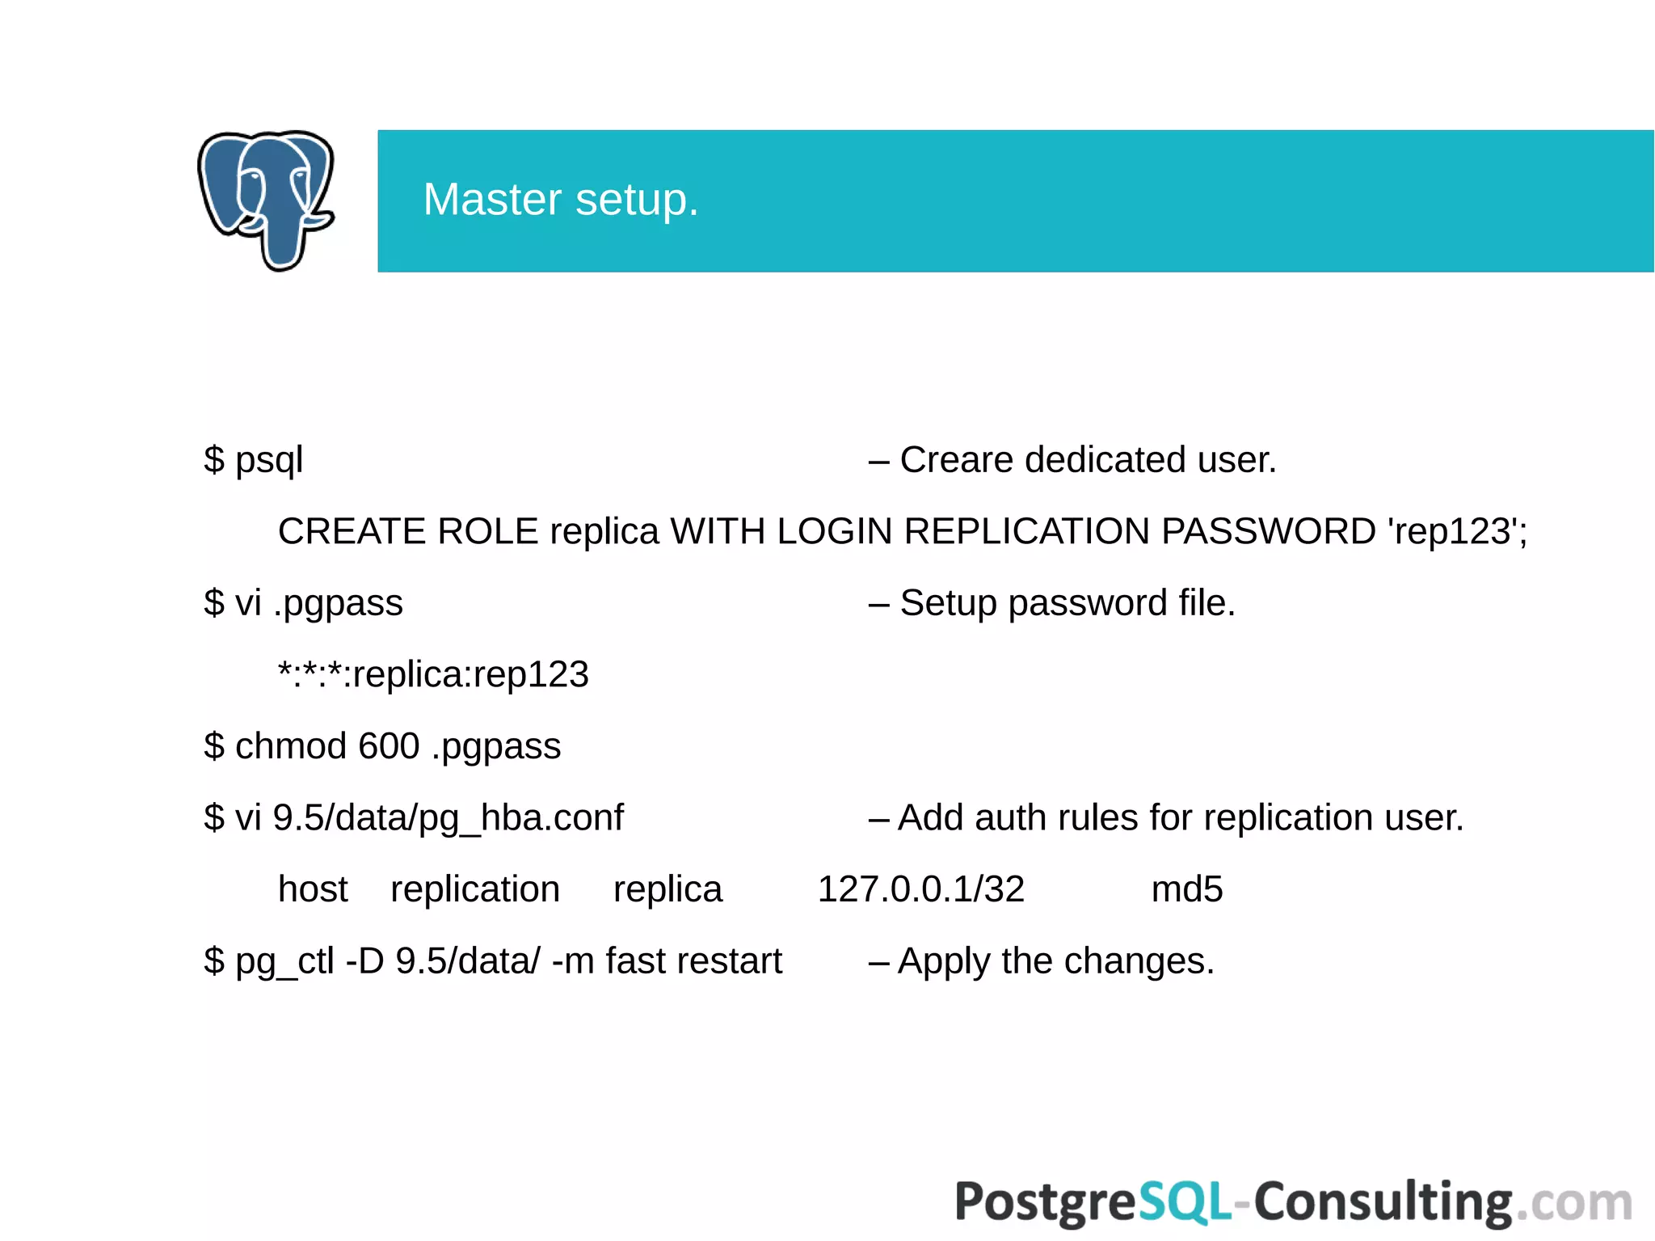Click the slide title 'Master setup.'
[560, 200]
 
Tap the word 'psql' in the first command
[269, 460]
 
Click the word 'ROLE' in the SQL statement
[487, 532]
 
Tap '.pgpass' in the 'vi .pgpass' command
[338, 604]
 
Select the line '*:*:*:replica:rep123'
[433, 675]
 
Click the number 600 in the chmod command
[389, 746]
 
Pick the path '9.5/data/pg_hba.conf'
[448, 818]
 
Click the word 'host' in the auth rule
[313, 889]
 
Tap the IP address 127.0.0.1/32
[920, 889]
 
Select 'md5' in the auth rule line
[1186, 889]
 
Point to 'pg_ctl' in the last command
[284, 962]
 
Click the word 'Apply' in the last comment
[944, 962]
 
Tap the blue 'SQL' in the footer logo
[1185, 1202]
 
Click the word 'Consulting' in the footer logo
[1383, 1202]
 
